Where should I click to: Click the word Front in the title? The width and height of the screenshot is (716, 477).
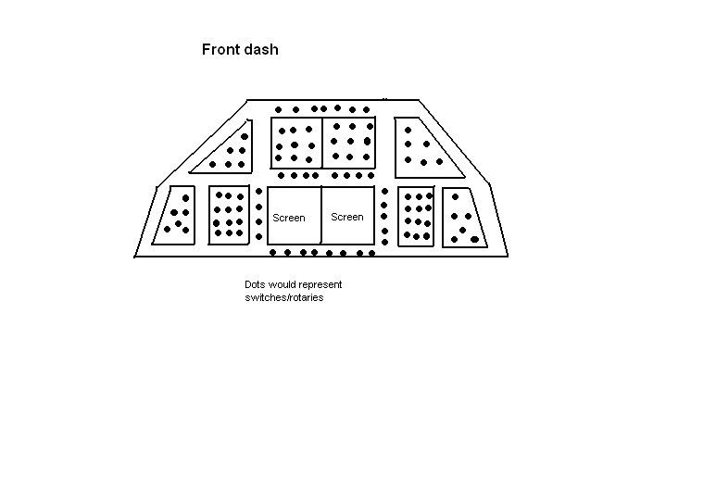[221, 49]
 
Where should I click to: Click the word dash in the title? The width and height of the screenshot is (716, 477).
[262, 49]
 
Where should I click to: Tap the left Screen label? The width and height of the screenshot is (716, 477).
[288, 219]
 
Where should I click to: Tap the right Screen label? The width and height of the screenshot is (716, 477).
[347, 217]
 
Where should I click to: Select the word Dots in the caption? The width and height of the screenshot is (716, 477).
[254, 284]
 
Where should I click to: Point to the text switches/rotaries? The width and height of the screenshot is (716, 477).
[278, 296]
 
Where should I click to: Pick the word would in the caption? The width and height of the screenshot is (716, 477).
[282, 284]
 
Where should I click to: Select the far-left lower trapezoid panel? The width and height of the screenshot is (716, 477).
[177, 215]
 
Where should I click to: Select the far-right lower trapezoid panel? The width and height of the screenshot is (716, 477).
[464, 218]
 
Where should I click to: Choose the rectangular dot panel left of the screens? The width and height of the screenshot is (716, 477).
[229, 214]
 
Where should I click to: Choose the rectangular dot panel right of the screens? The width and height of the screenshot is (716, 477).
[417, 216]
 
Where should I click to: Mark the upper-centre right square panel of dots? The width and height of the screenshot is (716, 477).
[349, 142]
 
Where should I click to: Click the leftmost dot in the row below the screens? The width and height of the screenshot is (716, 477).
[272, 252]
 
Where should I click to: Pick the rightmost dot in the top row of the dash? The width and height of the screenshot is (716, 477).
[367, 109]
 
